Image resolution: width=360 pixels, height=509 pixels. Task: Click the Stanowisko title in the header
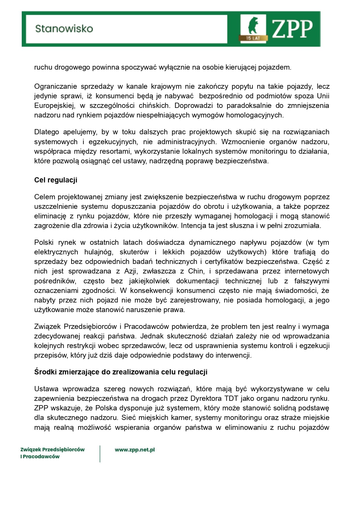click(64, 29)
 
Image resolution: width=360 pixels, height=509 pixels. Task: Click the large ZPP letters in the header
click(292, 29)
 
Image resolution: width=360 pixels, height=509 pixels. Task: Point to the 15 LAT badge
click(253, 38)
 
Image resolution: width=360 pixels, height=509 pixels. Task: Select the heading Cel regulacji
click(56, 180)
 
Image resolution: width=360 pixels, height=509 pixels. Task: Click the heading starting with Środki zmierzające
click(121, 372)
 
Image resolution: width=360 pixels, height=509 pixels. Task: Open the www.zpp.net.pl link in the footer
click(135, 450)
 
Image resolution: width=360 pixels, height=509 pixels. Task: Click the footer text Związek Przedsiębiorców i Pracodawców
click(52, 453)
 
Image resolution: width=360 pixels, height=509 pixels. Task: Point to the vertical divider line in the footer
click(100, 454)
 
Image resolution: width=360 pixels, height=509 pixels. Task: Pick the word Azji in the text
click(132, 271)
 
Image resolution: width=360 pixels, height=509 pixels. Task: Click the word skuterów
click(134, 252)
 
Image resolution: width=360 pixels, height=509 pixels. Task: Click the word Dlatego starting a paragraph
click(46, 132)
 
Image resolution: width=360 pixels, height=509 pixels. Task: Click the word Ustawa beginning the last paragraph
click(46, 389)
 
